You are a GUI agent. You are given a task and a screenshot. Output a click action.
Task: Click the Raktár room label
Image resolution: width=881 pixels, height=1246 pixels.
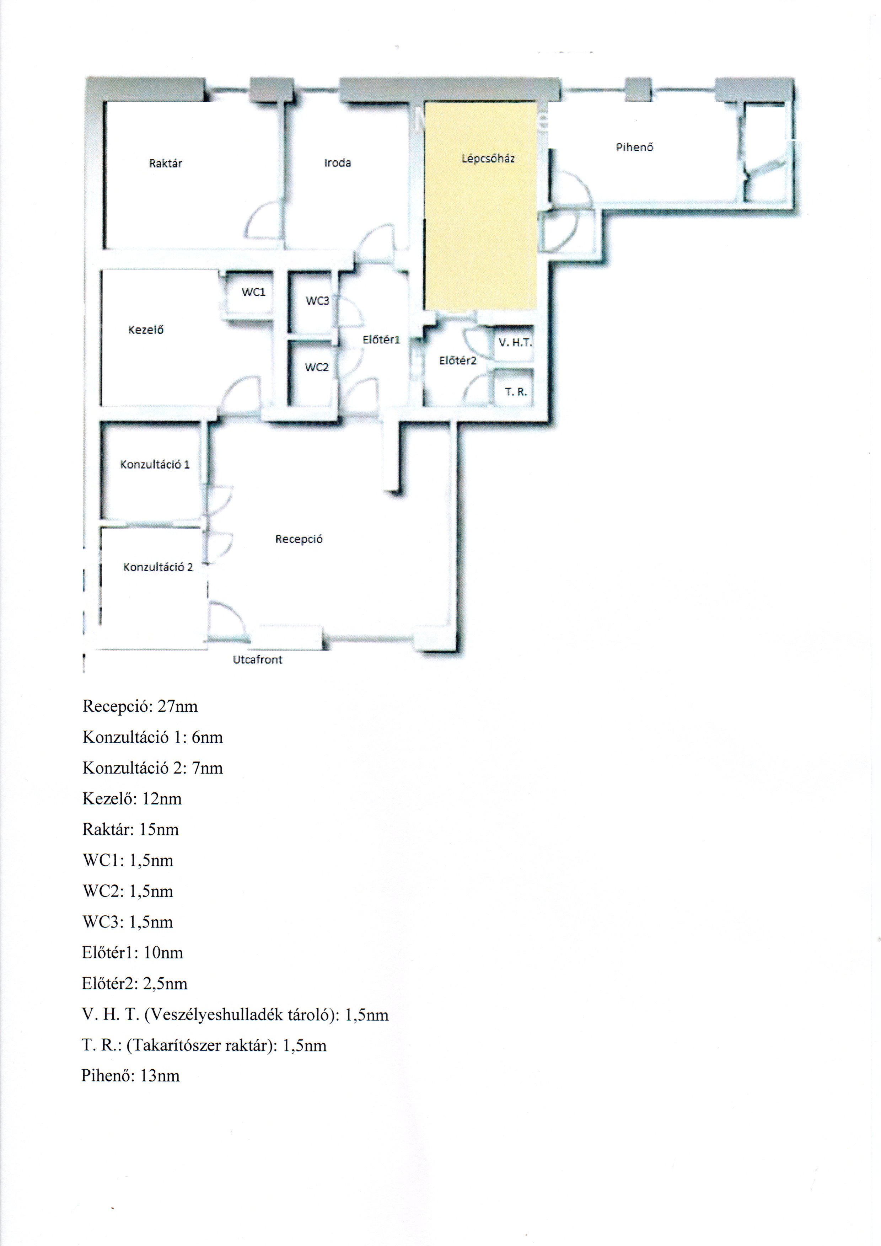click(166, 163)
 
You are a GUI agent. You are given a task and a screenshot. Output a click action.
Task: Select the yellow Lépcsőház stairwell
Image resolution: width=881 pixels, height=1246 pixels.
click(480, 206)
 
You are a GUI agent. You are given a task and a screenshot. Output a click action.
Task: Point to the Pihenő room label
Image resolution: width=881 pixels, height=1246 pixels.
click(634, 146)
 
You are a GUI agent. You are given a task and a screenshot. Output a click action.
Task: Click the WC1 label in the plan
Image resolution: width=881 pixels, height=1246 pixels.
click(253, 292)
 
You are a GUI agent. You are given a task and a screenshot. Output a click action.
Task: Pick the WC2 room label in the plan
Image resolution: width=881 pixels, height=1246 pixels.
click(317, 367)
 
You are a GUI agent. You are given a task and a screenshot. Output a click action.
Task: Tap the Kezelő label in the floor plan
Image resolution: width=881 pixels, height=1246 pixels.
click(146, 330)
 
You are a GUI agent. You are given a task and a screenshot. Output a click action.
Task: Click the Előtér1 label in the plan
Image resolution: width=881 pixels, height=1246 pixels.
click(381, 340)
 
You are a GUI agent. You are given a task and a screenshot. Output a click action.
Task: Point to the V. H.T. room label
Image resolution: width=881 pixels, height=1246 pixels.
click(515, 342)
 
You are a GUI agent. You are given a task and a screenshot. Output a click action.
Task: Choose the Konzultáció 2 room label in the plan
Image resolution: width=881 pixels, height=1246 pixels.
click(158, 567)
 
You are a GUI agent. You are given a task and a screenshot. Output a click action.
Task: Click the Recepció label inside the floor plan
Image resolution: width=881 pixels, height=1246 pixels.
click(299, 539)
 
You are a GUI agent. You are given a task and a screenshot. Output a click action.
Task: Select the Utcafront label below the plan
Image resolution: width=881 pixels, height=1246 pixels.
click(258, 659)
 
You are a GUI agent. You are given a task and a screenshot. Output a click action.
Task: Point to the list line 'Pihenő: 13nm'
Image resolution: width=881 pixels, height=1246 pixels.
click(131, 1076)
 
